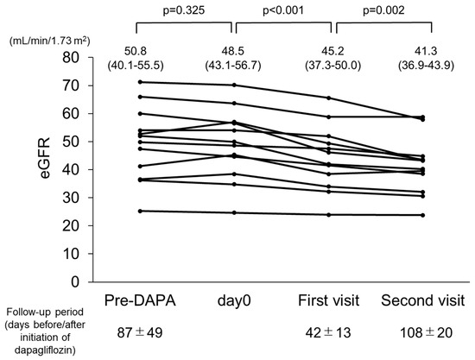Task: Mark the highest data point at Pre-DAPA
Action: pos(139,82)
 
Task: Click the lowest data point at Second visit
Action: pos(421,215)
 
